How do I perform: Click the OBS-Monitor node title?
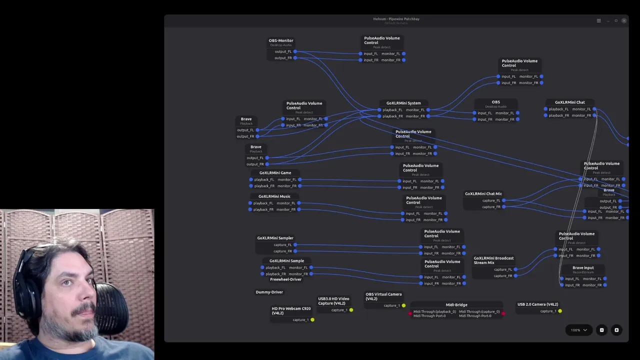(281, 40)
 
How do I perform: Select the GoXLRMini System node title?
(403, 103)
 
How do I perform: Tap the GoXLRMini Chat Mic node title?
(483, 194)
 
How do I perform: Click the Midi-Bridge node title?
(456, 305)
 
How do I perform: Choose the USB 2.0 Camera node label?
(537, 304)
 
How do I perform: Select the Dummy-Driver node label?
(269, 292)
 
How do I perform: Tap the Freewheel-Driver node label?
(285, 279)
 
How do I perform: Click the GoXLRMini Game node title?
(275, 173)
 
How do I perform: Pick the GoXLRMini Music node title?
(274, 196)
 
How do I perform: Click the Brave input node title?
(583, 268)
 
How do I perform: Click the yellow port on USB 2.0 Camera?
(560, 311)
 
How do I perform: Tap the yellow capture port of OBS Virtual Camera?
(404, 305)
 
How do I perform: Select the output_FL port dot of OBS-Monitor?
(295, 51)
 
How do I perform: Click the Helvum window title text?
(396, 19)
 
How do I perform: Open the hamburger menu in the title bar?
(598, 20)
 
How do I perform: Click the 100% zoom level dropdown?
(579, 330)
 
